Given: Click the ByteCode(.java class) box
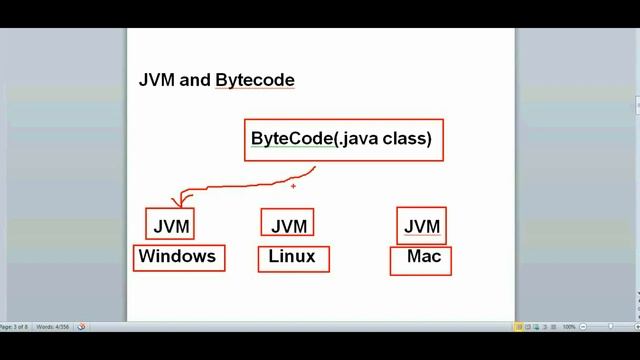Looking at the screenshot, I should point(343,140).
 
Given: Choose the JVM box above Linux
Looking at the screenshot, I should point(288,225).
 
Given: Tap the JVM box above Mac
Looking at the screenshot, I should point(421,226).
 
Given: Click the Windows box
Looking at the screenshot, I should point(178,257).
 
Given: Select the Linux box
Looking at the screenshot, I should point(292,257).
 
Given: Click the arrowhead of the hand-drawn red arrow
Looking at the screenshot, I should point(176,205).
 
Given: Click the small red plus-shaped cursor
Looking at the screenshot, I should point(293,185).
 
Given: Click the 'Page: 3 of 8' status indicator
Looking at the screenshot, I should point(18,327).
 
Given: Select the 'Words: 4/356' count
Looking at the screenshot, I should point(54,327).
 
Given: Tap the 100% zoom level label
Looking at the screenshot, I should point(568,327).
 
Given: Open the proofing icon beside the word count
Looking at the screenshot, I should point(81,327).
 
